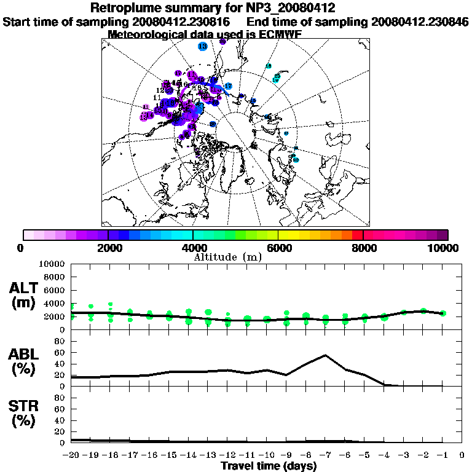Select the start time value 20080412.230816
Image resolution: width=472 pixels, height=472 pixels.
point(181,22)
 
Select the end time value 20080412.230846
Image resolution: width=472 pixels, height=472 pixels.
point(420,22)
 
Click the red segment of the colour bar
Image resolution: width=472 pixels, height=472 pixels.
point(358,235)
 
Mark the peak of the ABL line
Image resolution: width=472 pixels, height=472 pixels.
point(325,355)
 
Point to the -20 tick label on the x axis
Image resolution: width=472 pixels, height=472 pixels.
point(71,455)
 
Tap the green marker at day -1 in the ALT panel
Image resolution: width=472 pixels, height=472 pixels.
point(442,313)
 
